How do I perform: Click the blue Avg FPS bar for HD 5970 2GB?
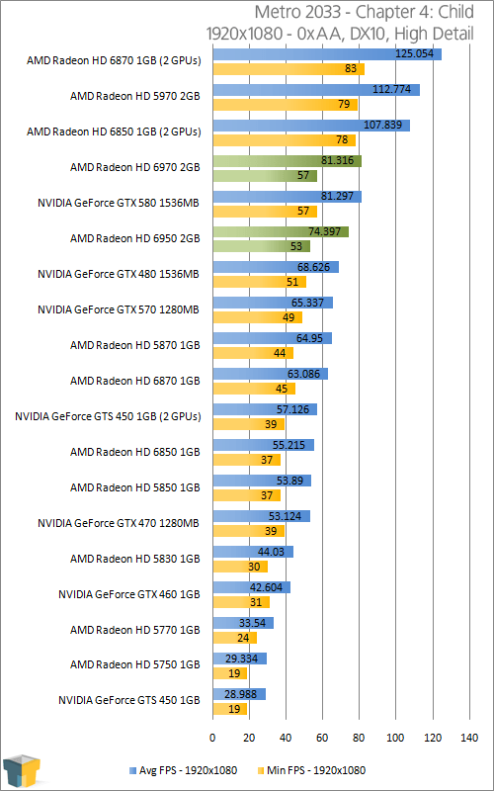click(316, 90)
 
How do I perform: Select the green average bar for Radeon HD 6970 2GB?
click(287, 161)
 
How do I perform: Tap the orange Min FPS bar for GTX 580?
click(265, 212)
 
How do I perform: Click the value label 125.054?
click(415, 53)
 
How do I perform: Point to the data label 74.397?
click(328, 231)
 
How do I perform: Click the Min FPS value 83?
click(351, 68)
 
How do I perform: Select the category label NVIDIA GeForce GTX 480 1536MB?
click(119, 275)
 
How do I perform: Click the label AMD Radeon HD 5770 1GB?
click(135, 630)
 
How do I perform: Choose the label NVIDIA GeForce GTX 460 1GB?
click(129, 594)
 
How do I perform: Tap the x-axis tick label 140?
click(468, 738)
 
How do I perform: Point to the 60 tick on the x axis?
click(322, 738)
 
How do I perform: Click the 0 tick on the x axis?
click(212, 738)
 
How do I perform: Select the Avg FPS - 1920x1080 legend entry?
click(183, 770)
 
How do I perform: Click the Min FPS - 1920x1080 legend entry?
click(311, 770)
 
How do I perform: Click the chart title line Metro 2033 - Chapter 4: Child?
click(364, 12)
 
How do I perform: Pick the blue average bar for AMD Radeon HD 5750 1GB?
click(239, 659)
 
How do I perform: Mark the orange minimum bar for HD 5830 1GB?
click(240, 567)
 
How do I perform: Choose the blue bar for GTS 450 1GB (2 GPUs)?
click(265, 409)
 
